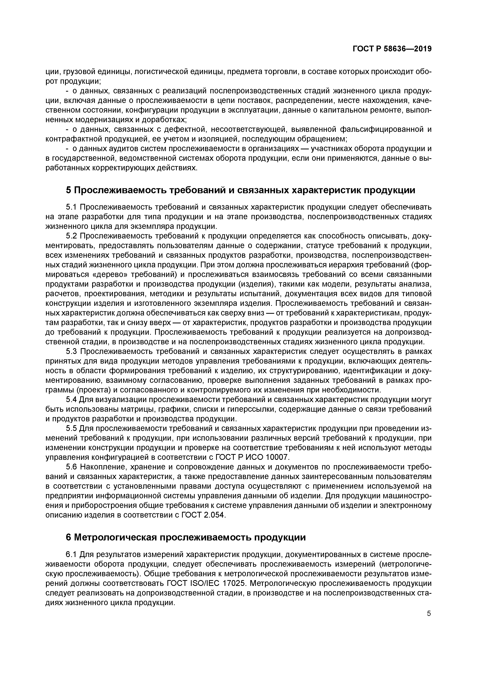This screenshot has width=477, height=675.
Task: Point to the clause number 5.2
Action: tap(71, 236)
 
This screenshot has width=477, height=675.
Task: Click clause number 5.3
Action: tap(71, 352)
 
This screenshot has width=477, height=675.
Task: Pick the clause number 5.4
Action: tap(71, 400)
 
